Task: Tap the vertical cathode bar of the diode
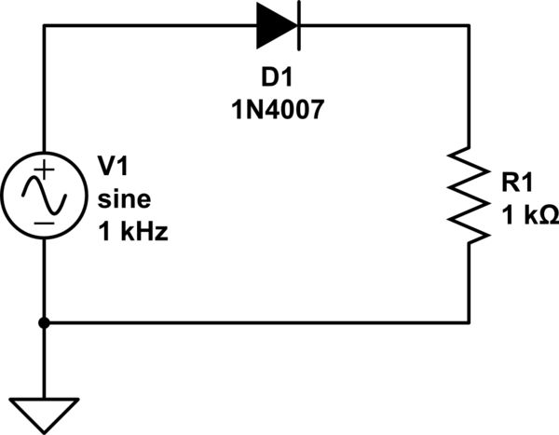click(296, 26)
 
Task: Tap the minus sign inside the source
click(44, 223)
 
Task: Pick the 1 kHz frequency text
click(133, 231)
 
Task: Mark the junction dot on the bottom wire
click(44, 322)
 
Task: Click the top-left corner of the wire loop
click(44, 26)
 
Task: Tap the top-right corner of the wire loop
click(470, 26)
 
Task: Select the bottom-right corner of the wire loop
click(470, 322)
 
